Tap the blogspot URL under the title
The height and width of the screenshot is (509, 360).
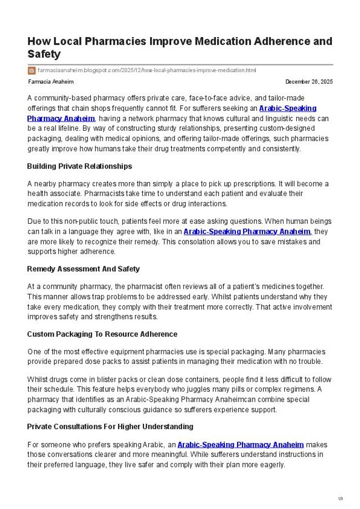pyautogui.click(x=147, y=70)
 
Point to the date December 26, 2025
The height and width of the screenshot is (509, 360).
pyautogui.click(x=309, y=82)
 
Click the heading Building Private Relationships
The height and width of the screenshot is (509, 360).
pyautogui.click(x=79, y=166)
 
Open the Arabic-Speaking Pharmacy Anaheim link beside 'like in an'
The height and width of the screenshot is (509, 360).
pyautogui.click(x=247, y=232)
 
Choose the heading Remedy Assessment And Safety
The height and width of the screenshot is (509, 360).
pyautogui.click(x=83, y=269)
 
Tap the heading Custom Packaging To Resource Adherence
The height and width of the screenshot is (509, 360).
pyautogui.click(x=102, y=335)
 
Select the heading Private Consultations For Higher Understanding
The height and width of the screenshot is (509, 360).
pyautogui.click(x=110, y=426)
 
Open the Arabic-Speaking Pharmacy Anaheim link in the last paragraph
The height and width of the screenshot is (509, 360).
pyautogui.click(x=240, y=444)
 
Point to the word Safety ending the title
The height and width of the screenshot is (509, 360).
pyautogui.click(x=44, y=54)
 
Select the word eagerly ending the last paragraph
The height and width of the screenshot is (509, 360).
pyautogui.click(x=270, y=465)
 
